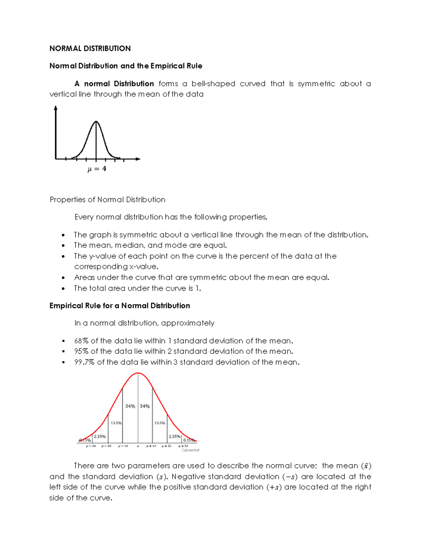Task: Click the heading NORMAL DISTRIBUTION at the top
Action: point(90,48)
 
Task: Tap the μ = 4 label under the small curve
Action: point(96,169)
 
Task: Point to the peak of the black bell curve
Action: point(96,122)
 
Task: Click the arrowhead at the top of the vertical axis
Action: point(55,108)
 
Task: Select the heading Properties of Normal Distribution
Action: point(107,200)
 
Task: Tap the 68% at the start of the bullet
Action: point(81,341)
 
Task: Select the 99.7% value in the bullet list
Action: point(84,362)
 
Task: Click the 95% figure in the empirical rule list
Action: point(81,351)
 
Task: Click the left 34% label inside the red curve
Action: point(130,406)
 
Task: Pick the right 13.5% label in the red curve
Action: point(160,423)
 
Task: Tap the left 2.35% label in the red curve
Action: point(100,437)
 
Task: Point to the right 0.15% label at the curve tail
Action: point(189,440)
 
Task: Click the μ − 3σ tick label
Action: point(91,446)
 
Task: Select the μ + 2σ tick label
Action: point(167,446)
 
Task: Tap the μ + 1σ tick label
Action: point(151,446)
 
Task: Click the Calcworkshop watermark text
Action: point(191,450)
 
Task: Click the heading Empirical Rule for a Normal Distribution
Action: point(120,306)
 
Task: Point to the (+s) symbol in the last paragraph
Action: point(274,487)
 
